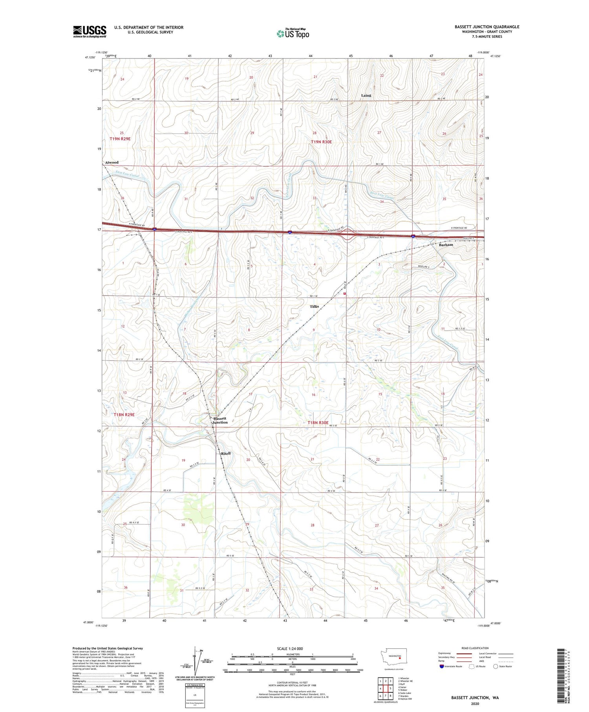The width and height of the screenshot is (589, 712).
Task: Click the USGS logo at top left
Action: click(x=90, y=31)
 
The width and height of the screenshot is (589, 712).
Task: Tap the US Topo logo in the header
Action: click(x=293, y=34)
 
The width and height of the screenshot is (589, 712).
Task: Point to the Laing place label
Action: click(x=366, y=95)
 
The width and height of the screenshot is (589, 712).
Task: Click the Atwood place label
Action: click(x=112, y=162)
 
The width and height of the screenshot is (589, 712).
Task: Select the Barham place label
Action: click(x=446, y=245)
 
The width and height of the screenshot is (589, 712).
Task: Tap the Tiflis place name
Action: click(x=314, y=306)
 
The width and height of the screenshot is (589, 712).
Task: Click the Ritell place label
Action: click(x=225, y=453)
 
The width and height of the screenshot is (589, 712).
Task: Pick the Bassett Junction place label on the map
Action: click(x=220, y=420)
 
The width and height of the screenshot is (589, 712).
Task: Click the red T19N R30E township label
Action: click(x=321, y=142)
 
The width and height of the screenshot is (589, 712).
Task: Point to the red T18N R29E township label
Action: click(x=124, y=414)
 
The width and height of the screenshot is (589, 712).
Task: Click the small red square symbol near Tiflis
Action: click(x=344, y=293)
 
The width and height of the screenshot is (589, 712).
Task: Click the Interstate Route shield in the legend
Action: click(x=441, y=666)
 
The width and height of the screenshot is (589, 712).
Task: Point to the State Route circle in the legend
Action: click(x=496, y=666)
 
